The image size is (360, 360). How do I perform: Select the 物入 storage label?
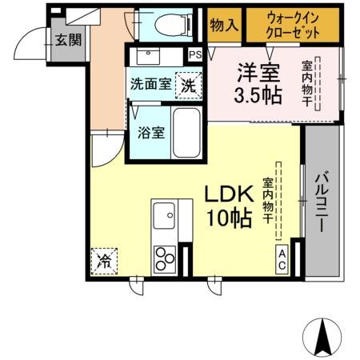click(223, 25)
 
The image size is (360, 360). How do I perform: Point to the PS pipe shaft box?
click(195, 55)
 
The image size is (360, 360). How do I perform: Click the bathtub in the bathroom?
click(189, 133)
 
